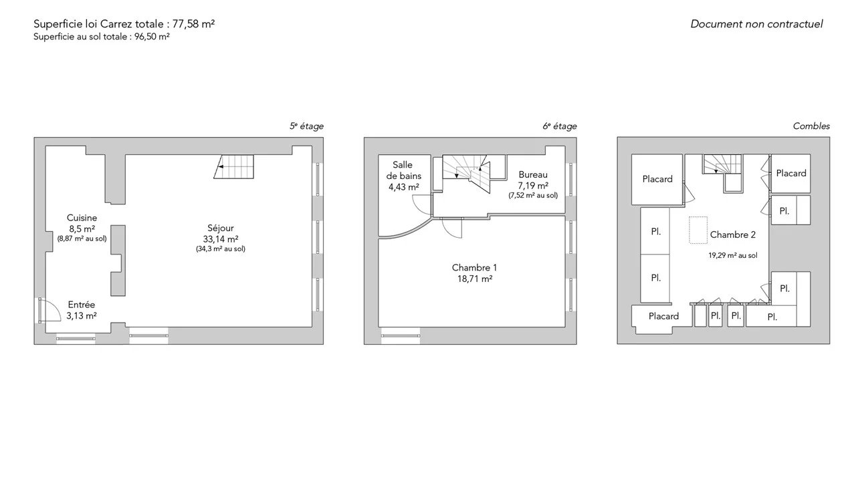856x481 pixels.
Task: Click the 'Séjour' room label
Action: point(221,228)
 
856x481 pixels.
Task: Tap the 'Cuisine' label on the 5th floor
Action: point(82,218)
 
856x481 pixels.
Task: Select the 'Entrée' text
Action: point(82,305)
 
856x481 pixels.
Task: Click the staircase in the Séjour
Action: point(234,166)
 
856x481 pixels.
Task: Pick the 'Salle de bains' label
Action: point(403,170)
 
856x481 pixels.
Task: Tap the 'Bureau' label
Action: point(533,175)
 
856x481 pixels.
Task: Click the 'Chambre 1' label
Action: point(474,268)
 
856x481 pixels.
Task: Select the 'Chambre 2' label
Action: point(733,234)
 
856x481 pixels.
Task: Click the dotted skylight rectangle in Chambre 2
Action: point(698,230)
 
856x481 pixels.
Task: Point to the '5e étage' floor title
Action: point(306,126)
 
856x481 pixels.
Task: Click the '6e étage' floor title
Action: point(560,126)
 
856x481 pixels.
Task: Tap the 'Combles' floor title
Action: point(811,126)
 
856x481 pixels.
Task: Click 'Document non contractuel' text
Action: point(756,24)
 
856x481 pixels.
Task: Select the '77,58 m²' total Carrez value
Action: point(193,24)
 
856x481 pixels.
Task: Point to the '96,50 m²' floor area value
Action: point(152,37)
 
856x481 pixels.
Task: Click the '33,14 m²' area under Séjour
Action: point(221,239)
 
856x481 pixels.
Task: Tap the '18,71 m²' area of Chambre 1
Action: point(475,279)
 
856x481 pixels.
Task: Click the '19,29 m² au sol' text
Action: point(733,255)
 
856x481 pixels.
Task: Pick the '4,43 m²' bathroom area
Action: point(403,187)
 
